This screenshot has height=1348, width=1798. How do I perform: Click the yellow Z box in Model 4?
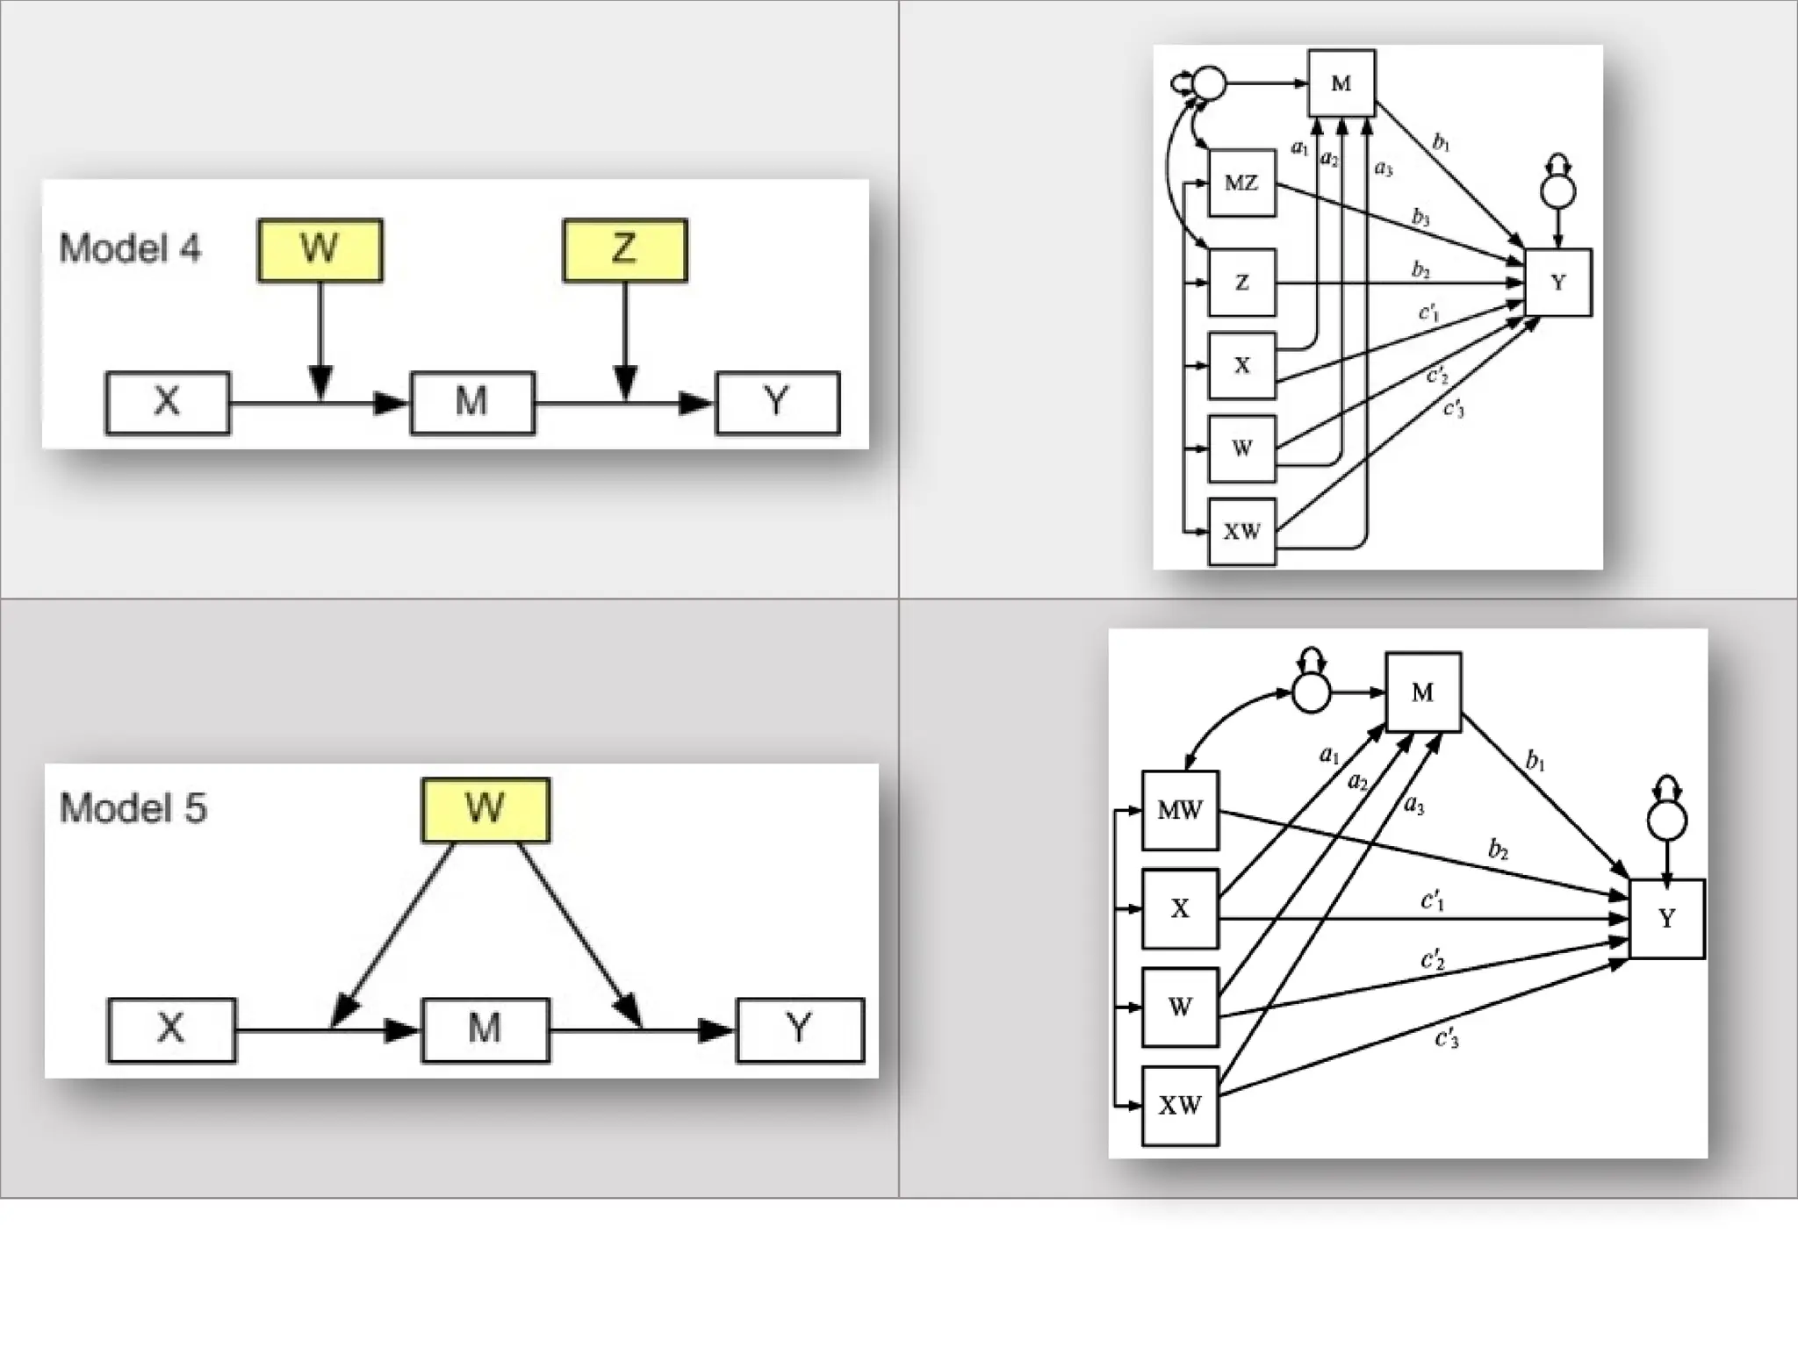pyautogui.click(x=624, y=250)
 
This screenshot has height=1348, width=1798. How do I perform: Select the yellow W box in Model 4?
pyautogui.click(x=320, y=250)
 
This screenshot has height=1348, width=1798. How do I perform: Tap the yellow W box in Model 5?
pyautogui.click(x=485, y=809)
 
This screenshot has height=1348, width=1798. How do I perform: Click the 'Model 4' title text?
pyautogui.click(x=130, y=248)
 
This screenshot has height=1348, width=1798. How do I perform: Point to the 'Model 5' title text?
pyautogui.click(x=133, y=808)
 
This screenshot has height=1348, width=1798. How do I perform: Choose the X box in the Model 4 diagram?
pyautogui.click(x=168, y=403)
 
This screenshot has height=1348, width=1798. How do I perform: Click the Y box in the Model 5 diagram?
pyautogui.click(x=800, y=1029)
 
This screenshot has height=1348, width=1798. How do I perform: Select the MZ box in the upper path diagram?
pyautogui.click(x=1241, y=183)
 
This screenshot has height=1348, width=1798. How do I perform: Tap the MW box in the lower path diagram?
pyautogui.click(x=1180, y=810)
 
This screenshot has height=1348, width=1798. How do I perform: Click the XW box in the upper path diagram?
pyautogui.click(x=1241, y=532)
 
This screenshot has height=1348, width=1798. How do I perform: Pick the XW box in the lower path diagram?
pyautogui.click(x=1180, y=1106)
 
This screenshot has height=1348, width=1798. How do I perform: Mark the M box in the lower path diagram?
pyautogui.click(x=1423, y=692)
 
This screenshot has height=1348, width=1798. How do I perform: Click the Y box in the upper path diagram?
pyautogui.click(x=1558, y=283)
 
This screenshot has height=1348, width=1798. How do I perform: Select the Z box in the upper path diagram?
pyautogui.click(x=1241, y=283)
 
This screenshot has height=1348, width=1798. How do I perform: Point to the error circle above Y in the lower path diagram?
pyautogui.click(x=1666, y=821)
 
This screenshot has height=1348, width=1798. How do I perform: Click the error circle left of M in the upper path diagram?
pyautogui.click(x=1209, y=83)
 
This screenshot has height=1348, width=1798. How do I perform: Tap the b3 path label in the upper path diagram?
pyautogui.click(x=1420, y=216)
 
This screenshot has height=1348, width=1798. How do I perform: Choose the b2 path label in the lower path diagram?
pyautogui.click(x=1498, y=849)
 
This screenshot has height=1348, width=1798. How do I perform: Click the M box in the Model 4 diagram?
pyautogui.click(x=472, y=403)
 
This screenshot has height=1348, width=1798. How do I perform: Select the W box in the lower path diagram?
pyautogui.click(x=1180, y=1007)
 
